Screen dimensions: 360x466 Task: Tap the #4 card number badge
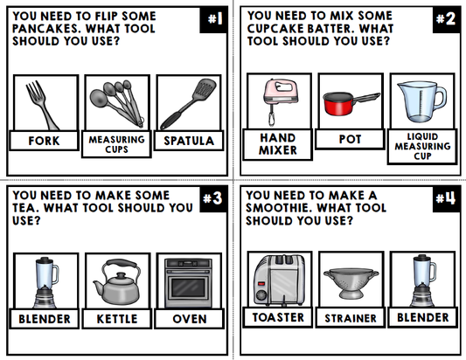click(x=447, y=199)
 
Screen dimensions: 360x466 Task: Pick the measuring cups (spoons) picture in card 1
click(x=116, y=103)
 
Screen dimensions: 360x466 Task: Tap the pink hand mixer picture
click(x=279, y=101)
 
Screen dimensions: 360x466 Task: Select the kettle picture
click(x=117, y=280)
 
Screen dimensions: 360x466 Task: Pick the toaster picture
click(x=279, y=280)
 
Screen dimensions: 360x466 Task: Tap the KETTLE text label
click(x=117, y=319)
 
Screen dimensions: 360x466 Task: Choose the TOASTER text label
click(x=278, y=317)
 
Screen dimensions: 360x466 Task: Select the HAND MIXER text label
click(x=278, y=143)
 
